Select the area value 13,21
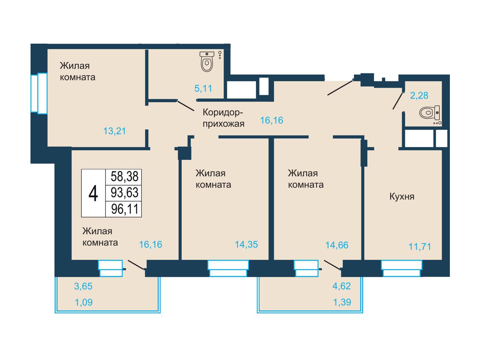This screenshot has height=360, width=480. pos(115,131)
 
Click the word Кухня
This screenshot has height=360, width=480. pos(402,197)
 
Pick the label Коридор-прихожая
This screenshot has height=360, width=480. pos(223,118)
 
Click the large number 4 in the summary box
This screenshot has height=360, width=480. pos(93,193)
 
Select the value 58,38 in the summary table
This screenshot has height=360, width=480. pos(124,176)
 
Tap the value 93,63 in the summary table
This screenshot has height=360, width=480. pos(124,193)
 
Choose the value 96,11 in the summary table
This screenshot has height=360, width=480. pos(125,209)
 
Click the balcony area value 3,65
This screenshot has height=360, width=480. pos(83,286)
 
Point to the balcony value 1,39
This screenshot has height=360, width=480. pos(342,302)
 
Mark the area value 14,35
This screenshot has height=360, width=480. pos(247,244)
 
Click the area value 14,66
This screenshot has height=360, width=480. pos(337,245)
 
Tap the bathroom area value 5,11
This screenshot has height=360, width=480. pos(203,88)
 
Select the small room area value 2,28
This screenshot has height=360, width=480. pos(419,96)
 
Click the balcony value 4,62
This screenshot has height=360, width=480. pos(341,286)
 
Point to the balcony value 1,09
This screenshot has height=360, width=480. pos(84,302)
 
